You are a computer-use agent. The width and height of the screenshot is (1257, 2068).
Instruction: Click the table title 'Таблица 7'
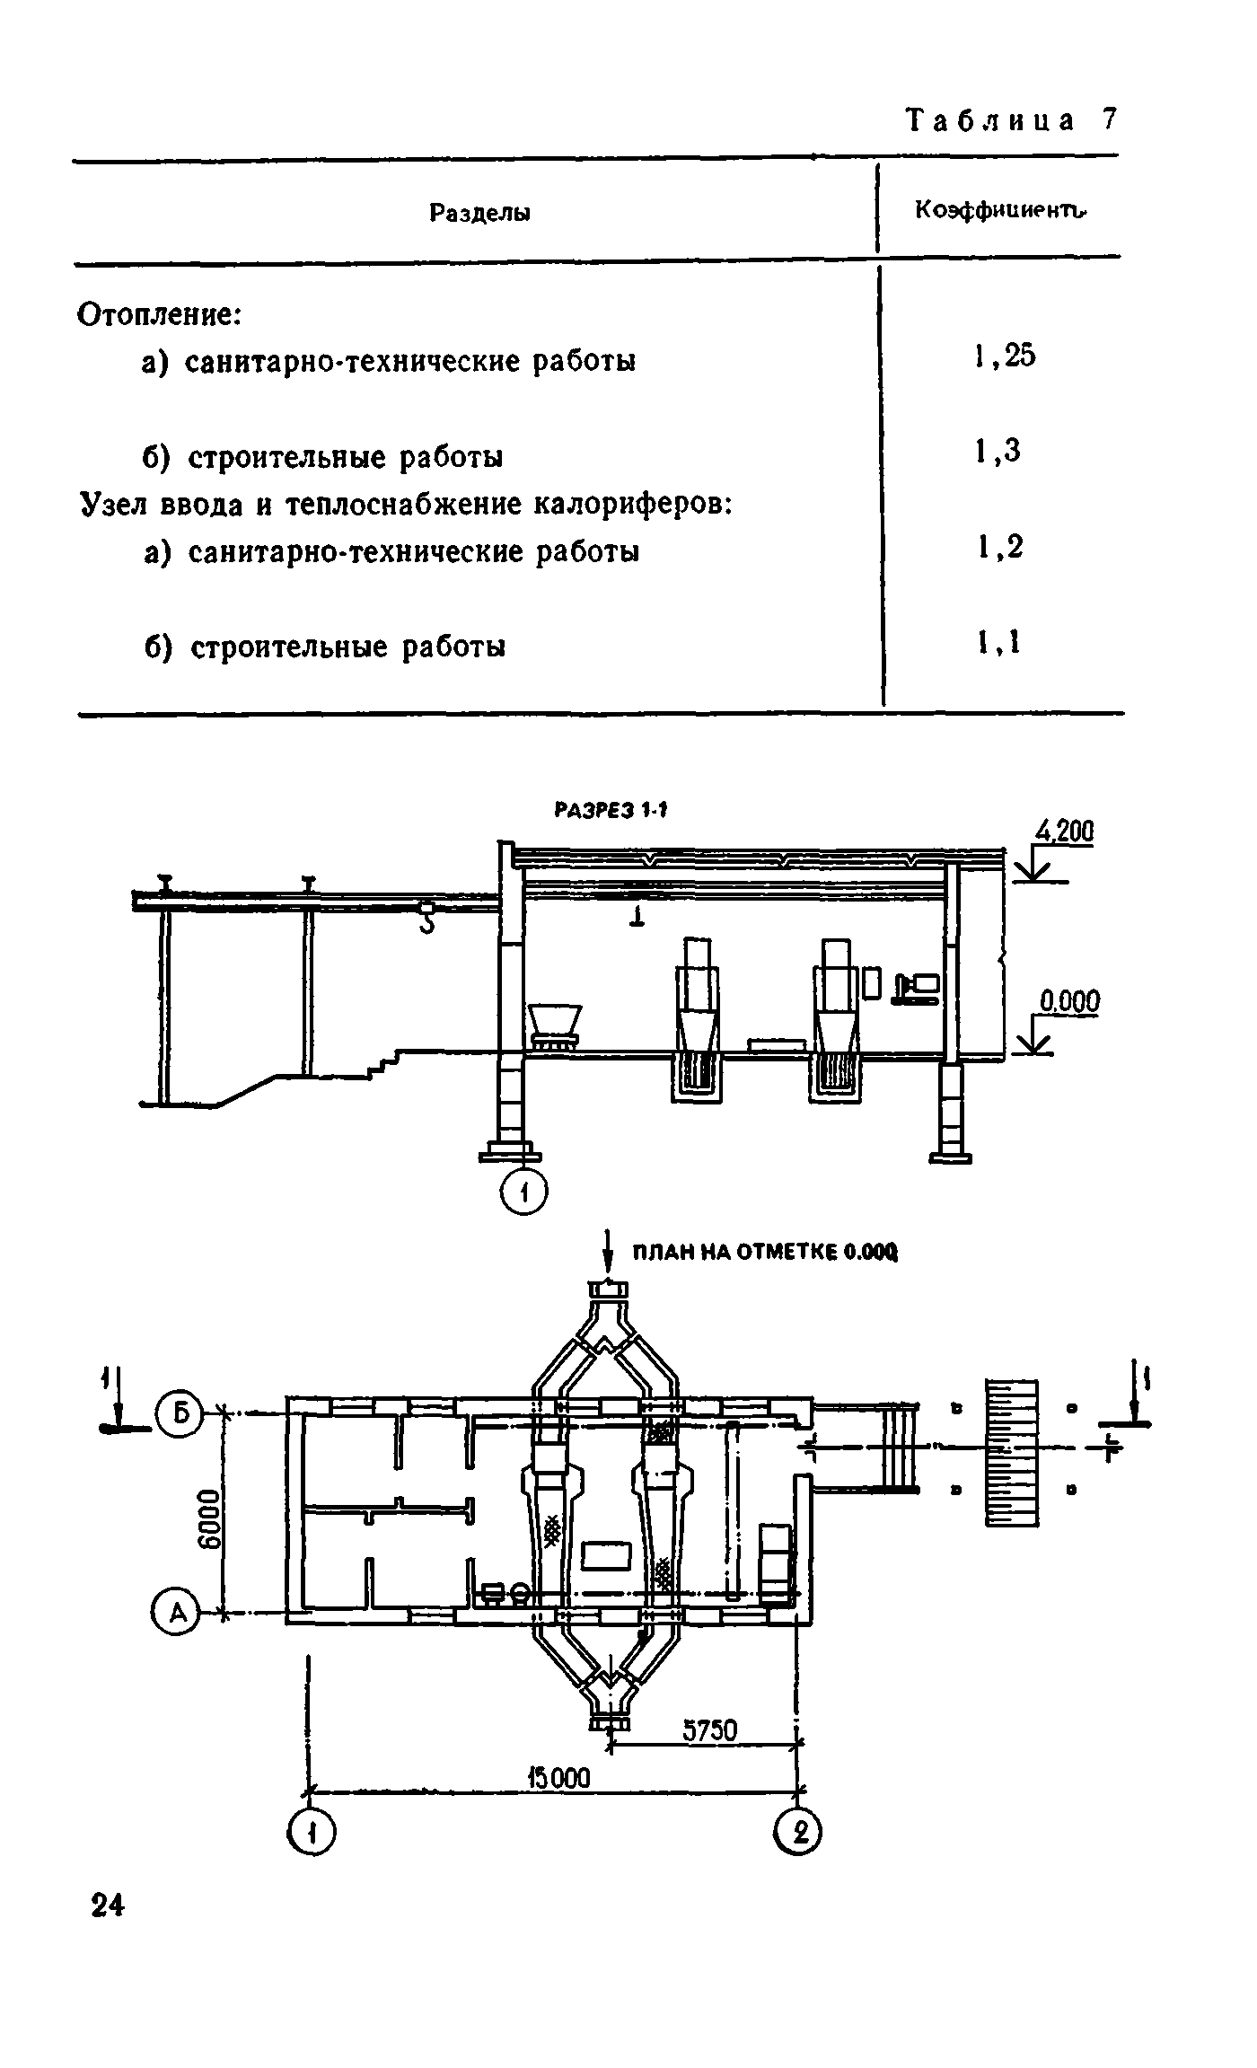point(1011,120)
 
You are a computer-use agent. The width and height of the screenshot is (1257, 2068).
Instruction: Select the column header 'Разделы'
point(479,213)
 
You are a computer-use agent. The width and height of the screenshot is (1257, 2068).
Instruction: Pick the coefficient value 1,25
point(1005,356)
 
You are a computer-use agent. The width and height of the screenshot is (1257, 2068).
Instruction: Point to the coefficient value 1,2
point(999,547)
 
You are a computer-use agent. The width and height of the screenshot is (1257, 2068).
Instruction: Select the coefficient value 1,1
point(998,642)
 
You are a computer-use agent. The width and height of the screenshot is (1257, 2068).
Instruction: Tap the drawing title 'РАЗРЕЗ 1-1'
point(612,811)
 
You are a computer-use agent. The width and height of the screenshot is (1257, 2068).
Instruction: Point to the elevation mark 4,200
point(1065,832)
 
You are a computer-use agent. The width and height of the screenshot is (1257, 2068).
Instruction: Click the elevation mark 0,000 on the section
point(1069,1001)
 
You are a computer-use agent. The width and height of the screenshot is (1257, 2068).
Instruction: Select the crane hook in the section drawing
point(426,920)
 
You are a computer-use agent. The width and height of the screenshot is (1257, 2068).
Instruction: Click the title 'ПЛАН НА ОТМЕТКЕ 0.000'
point(765,1252)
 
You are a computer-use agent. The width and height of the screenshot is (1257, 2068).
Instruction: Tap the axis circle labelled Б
point(180,1414)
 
